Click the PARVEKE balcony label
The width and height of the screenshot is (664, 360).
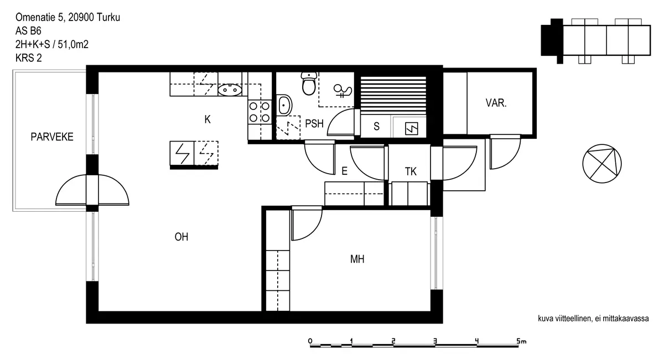click(x=52, y=137)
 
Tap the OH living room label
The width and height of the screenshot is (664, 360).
click(x=181, y=237)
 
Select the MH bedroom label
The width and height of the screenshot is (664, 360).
click(x=357, y=258)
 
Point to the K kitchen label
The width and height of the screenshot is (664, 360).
click(x=207, y=119)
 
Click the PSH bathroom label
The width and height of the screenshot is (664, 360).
click(x=314, y=124)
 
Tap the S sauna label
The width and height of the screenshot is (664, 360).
click(x=376, y=126)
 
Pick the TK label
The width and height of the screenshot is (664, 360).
click(x=410, y=171)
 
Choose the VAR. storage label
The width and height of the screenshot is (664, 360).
click(x=496, y=103)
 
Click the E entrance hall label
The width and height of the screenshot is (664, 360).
click(x=344, y=171)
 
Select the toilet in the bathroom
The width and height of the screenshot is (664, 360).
click(x=308, y=84)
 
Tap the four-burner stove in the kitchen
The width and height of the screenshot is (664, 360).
click(x=259, y=112)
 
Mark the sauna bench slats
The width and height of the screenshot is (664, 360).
click(x=393, y=94)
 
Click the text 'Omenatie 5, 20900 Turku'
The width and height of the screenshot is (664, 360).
click(x=68, y=18)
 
